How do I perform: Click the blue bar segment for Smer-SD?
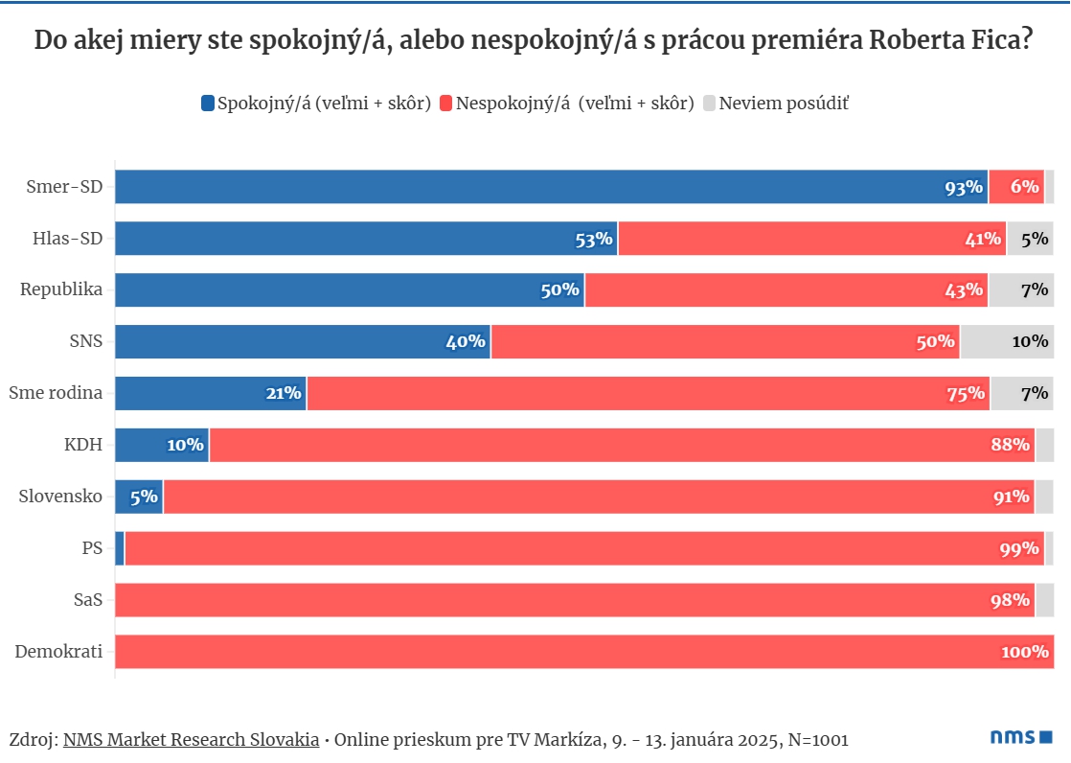tap(551, 187)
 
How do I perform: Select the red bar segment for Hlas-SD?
tap(811, 239)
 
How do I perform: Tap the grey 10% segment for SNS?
tap(1007, 341)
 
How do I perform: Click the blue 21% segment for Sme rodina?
tap(211, 393)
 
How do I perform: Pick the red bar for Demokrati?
tap(584, 652)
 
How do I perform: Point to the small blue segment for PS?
tap(120, 548)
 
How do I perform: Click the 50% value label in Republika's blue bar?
tap(560, 290)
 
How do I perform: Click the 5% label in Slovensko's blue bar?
tap(144, 497)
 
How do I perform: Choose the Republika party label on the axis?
tap(61, 289)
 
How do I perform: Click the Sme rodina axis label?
tap(56, 393)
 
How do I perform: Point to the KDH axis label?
tap(83, 445)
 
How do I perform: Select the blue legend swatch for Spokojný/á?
tap(208, 104)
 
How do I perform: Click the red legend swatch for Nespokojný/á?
tap(446, 104)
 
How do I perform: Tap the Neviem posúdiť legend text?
tap(784, 104)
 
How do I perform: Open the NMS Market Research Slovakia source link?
tap(192, 740)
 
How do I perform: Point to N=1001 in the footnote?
tap(817, 740)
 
